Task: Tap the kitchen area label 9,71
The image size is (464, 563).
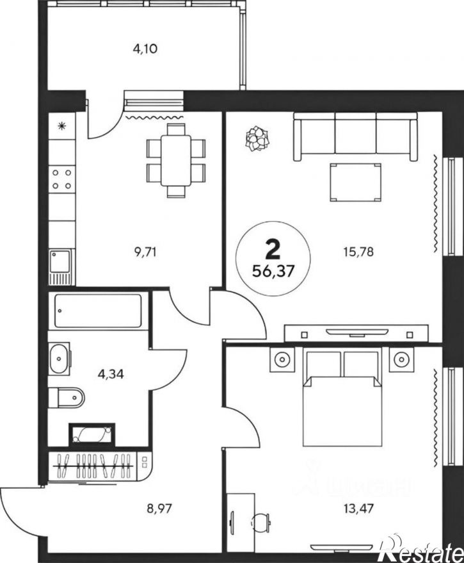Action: tap(146, 251)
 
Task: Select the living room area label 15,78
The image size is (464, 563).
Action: tap(358, 251)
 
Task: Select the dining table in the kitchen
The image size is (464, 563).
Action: tap(176, 160)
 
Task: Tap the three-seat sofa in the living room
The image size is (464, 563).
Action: tap(355, 136)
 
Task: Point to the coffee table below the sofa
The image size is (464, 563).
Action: tap(355, 183)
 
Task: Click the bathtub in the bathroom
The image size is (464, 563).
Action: tap(100, 312)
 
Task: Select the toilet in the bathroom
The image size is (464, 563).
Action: tap(68, 398)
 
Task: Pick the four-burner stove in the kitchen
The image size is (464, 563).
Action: tap(62, 179)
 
